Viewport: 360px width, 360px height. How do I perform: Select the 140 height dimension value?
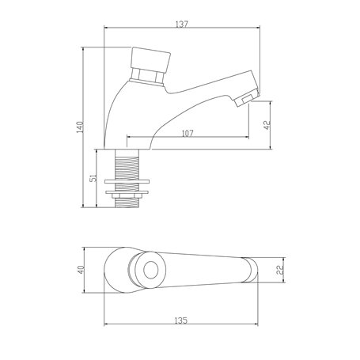78,129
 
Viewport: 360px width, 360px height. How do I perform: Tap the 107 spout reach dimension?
186,134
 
